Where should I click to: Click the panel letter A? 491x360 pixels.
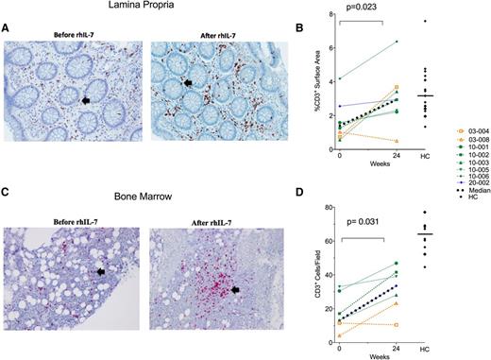click(7, 29)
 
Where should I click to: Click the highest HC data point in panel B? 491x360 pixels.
click(426, 21)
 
